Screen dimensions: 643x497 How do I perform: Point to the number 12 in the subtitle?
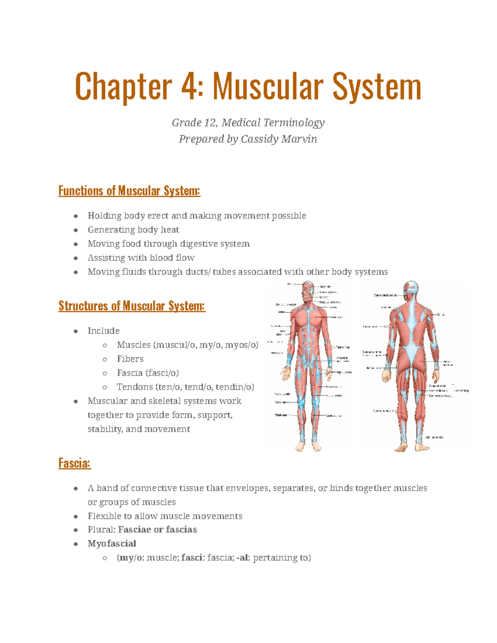coord(210,123)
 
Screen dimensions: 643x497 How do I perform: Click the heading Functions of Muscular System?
coord(129,191)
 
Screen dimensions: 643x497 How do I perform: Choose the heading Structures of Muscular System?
coord(132,306)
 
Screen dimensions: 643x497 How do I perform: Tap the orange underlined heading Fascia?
coord(75,463)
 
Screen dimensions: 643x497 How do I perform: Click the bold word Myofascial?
coord(112,544)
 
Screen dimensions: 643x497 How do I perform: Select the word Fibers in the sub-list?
coord(130,359)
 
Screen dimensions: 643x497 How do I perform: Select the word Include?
coord(104,331)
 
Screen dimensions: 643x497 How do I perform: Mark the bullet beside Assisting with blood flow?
coord(76,258)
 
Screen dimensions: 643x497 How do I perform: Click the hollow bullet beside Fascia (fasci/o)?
coord(105,373)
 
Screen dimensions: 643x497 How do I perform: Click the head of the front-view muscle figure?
coord(308,289)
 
